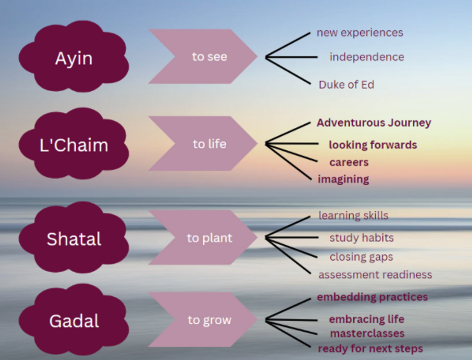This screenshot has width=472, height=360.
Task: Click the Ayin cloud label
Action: coord(74,59)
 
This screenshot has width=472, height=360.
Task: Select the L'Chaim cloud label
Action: coord(74,145)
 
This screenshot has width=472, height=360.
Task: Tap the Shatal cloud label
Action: coord(74,239)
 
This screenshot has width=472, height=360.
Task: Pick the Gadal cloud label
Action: coord(74,321)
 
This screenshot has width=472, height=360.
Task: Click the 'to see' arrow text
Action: coord(209,57)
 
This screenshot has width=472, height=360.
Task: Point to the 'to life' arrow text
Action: coord(209,144)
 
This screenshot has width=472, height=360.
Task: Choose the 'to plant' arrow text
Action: coord(209,238)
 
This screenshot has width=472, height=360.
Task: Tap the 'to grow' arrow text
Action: coord(209,320)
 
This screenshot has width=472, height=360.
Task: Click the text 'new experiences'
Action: coord(360,33)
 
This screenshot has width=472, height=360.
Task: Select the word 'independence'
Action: coord(367,57)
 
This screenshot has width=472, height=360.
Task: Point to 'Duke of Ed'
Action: coord(346,85)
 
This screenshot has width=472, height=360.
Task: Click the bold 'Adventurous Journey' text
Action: coord(374,123)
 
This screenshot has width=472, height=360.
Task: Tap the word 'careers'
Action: coord(349,162)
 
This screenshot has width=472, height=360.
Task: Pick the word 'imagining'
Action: coord(343,179)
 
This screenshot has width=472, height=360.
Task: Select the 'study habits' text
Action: coord(361,238)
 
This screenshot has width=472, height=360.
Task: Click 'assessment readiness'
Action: coord(375,275)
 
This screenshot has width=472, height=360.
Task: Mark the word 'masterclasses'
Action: coord(367,334)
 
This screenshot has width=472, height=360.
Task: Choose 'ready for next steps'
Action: coord(370,349)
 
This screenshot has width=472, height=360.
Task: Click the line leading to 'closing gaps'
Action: coord(291,247)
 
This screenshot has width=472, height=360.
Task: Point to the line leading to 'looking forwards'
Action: coord(292,144)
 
